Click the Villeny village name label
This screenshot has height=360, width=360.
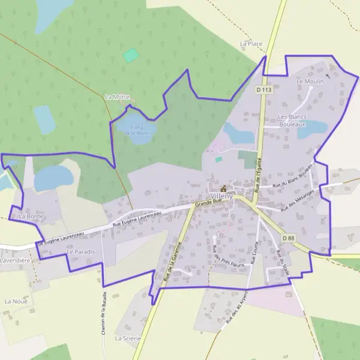(223, 196)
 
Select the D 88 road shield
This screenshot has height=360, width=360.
(288, 238)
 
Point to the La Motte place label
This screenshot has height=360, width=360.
(116, 97)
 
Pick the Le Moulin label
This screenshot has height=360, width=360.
(310, 81)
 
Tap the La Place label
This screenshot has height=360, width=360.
(251, 44)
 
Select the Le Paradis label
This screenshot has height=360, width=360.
(81, 252)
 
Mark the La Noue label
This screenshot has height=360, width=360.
(16, 301)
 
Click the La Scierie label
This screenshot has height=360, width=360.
(128, 338)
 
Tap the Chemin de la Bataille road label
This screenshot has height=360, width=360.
(104, 313)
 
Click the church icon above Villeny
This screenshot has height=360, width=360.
(224, 188)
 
